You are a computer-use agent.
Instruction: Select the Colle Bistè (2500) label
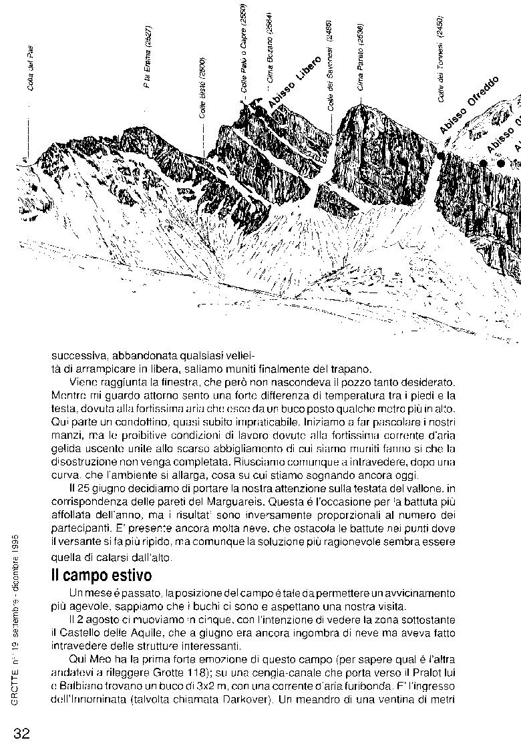point(202,87)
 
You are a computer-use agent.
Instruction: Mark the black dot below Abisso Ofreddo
point(442,155)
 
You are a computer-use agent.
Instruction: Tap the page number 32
point(21,733)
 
